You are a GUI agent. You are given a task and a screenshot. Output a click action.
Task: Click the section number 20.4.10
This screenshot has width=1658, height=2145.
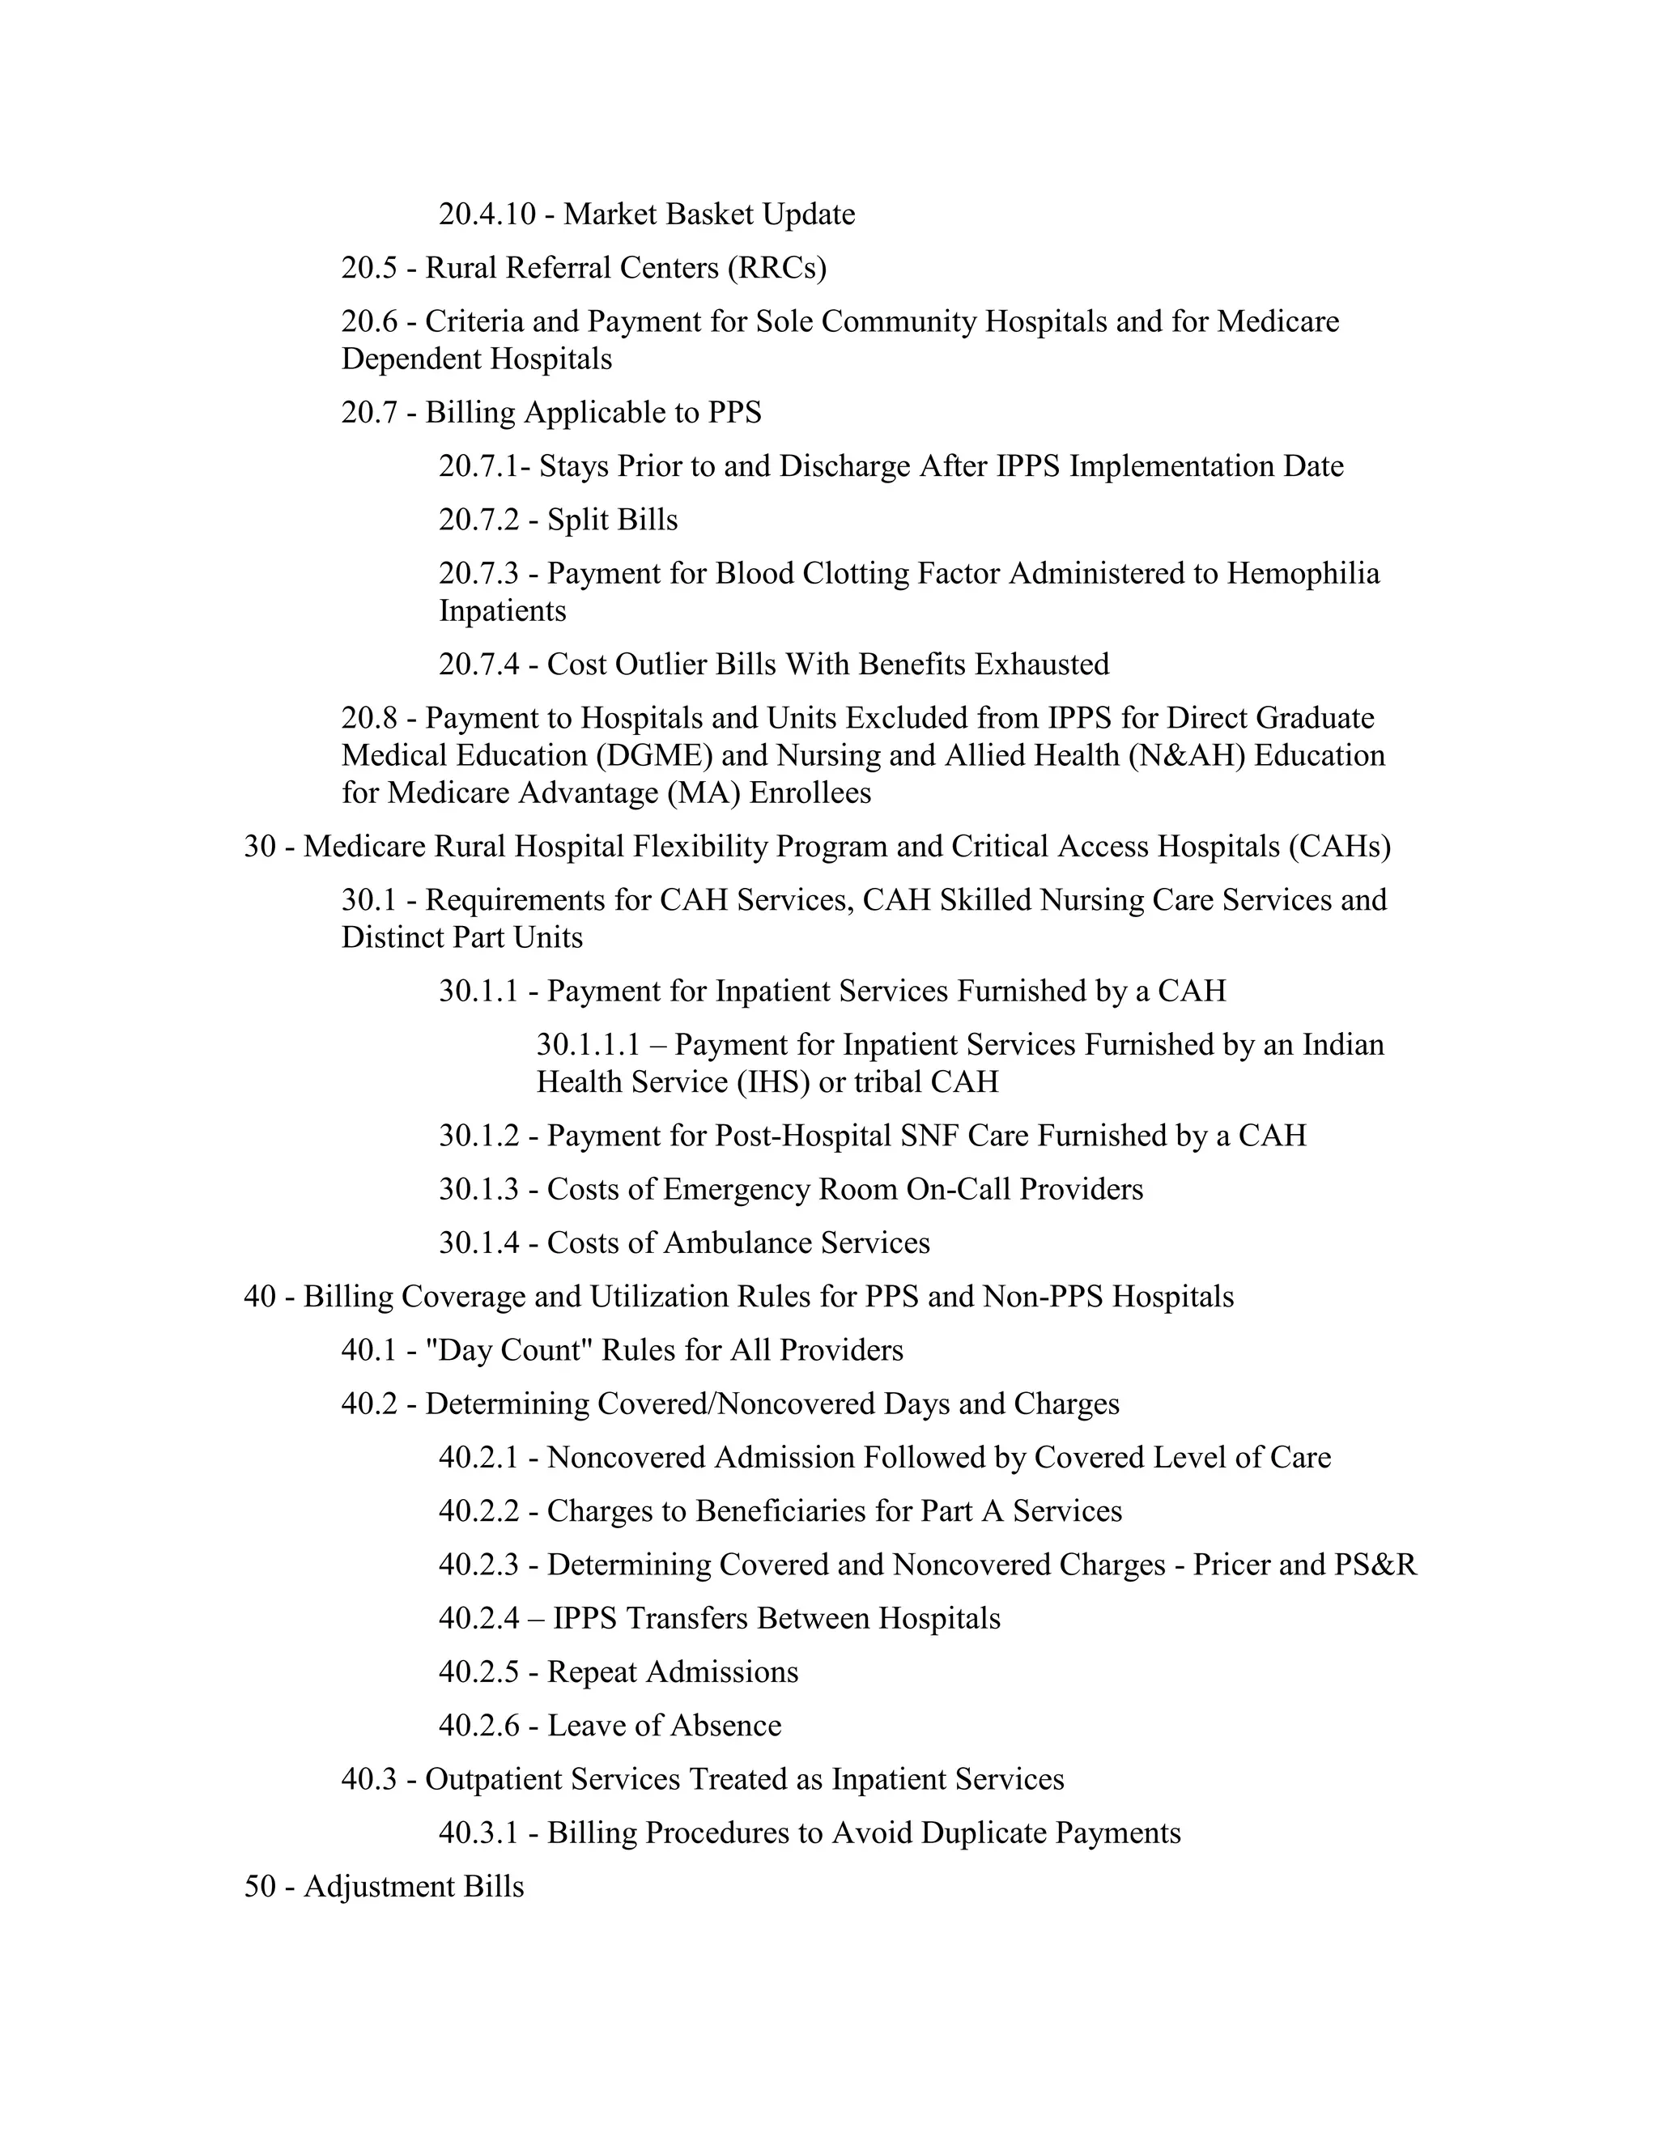click(487, 214)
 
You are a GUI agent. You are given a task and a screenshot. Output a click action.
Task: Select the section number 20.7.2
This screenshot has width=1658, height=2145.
click(478, 520)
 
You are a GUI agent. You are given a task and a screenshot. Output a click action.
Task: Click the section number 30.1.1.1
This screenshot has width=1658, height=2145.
click(588, 1045)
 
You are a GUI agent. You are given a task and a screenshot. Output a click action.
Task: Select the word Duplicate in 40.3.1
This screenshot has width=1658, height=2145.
click(939, 1833)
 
